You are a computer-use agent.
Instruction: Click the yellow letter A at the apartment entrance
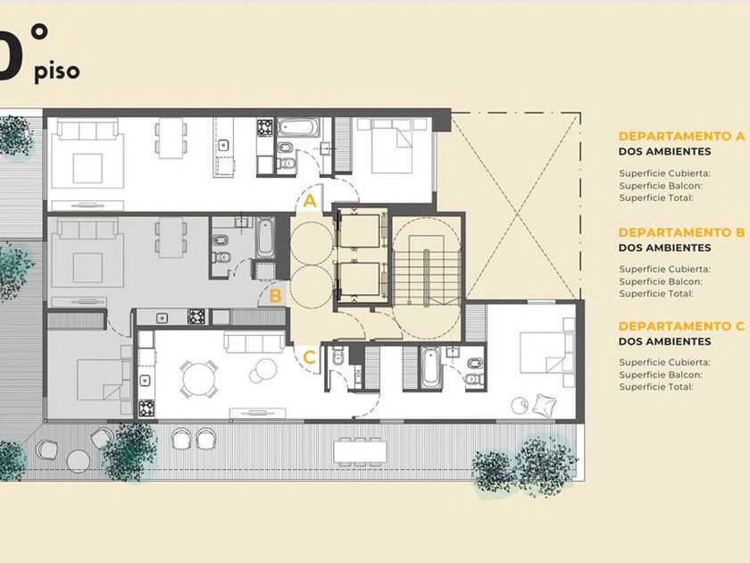tap(310, 201)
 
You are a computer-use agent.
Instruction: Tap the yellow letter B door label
tap(275, 297)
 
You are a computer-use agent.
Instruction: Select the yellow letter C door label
tap(310, 357)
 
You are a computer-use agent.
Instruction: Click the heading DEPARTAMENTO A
tap(681, 136)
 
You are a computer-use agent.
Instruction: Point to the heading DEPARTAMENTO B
tap(681, 232)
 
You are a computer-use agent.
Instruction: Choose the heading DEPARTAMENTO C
tap(681, 326)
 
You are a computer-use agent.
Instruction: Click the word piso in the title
tap(57, 71)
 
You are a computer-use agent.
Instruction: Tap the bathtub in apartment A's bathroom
tap(297, 128)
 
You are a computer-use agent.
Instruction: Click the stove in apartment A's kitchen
tap(264, 128)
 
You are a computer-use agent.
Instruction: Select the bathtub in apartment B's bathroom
tap(265, 238)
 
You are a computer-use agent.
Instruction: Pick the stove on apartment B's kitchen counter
tap(196, 316)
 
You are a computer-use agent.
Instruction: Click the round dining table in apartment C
tap(199, 379)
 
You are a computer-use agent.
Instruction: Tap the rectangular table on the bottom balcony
tap(360, 451)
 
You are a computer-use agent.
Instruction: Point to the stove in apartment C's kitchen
tap(146, 408)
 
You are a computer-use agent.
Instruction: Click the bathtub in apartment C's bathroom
tap(430, 367)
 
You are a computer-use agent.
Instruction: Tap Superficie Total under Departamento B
tap(655, 294)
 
